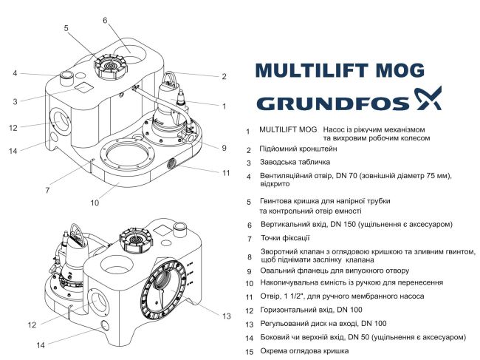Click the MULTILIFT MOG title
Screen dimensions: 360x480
click(340, 70)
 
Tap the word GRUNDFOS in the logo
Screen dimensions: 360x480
click(327, 102)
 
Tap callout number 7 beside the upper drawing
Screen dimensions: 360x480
click(47, 190)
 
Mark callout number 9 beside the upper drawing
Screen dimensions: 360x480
click(224, 147)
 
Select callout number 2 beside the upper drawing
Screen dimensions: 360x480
click(224, 75)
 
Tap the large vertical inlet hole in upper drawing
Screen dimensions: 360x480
click(138, 50)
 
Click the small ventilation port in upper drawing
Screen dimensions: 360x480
click(66, 75)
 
